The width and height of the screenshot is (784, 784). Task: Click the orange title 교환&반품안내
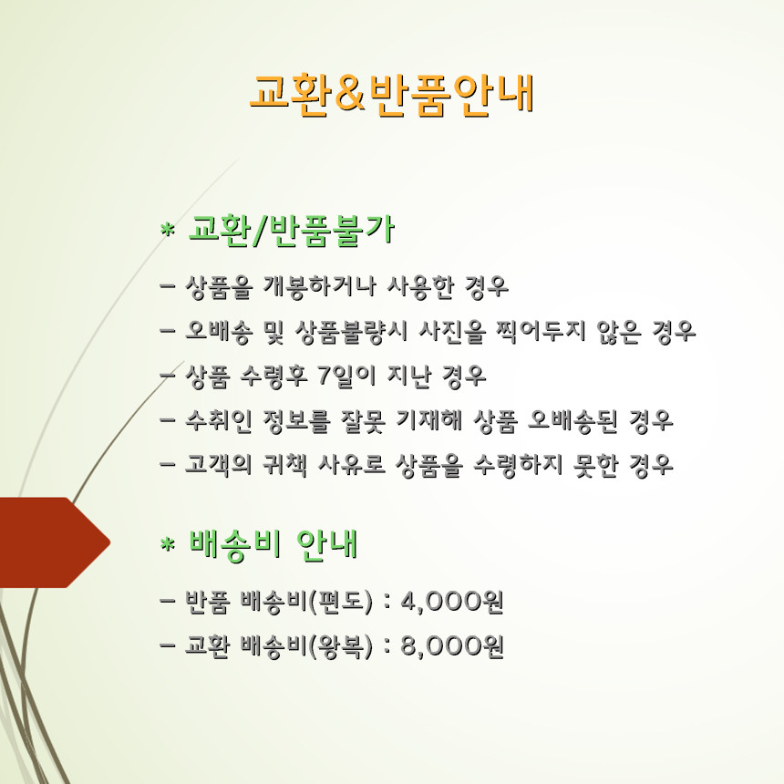pyautogui.click(x=392, y=95)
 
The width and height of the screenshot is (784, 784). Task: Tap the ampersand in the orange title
pyautogui.click(x=349, y=94)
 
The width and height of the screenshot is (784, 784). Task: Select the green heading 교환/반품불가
pyautogui.click(x=292, y=231)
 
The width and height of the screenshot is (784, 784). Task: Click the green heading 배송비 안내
pyautogui.click(x=273, y=544)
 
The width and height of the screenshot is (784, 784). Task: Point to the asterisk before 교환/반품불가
pyautogui.click(x=168, y=230)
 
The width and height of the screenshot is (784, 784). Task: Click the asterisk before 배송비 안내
pyautogui.click(x=168, y=543)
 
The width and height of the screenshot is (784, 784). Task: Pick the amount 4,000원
pyautogui.click(x=452, y=602)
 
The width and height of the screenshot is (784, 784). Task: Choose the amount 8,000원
pyautogui.click(x=452, y=646)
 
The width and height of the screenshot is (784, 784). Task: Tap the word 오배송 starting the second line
pyautogui.click(x=219, y=332)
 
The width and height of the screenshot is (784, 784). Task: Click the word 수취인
pyautogui.click(x=219, y=420)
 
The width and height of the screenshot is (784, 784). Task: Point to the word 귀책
pyautogui.click(x=284, y=465)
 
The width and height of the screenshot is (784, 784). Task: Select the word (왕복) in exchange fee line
pyautogui.click(x=341, y=647)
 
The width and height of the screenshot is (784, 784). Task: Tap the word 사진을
pyautogui.click(x=452, y=332)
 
